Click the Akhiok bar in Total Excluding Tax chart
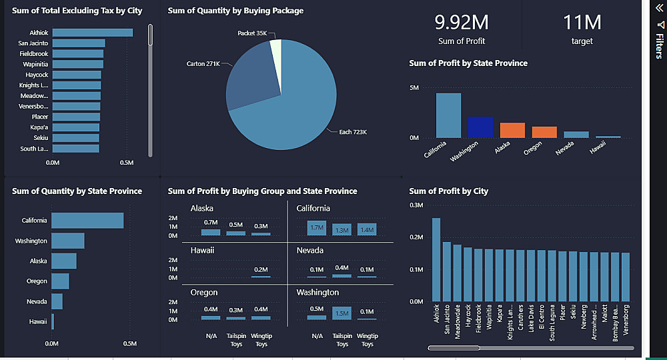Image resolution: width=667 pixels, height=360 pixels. [92, 33]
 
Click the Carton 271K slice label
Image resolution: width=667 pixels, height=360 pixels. [203, 64]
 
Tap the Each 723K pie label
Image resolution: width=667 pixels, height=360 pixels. [353, 132]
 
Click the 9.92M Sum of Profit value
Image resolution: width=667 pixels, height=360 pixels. [462, 23]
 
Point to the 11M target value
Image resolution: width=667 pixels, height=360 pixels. [582, 23]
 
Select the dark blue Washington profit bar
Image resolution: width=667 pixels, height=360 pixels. [480, 127]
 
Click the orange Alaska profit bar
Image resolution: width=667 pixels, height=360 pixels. [512, 130]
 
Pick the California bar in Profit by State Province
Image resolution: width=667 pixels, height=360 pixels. [448, 115]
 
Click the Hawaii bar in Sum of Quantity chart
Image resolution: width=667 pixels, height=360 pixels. [53, 322]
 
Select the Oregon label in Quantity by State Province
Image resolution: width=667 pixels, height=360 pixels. [37, 281]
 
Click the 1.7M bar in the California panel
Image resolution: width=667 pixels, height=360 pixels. [317, 228]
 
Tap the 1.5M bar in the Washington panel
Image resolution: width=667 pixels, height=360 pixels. [342, 313]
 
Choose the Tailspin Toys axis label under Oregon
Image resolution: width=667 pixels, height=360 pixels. [236, 340]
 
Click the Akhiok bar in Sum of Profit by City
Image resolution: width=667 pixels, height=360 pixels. [436, 259]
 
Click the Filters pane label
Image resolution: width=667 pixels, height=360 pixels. [659, 46]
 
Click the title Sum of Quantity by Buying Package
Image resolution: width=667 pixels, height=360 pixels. [235, 11]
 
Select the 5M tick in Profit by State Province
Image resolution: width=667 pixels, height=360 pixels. [414, 88]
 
